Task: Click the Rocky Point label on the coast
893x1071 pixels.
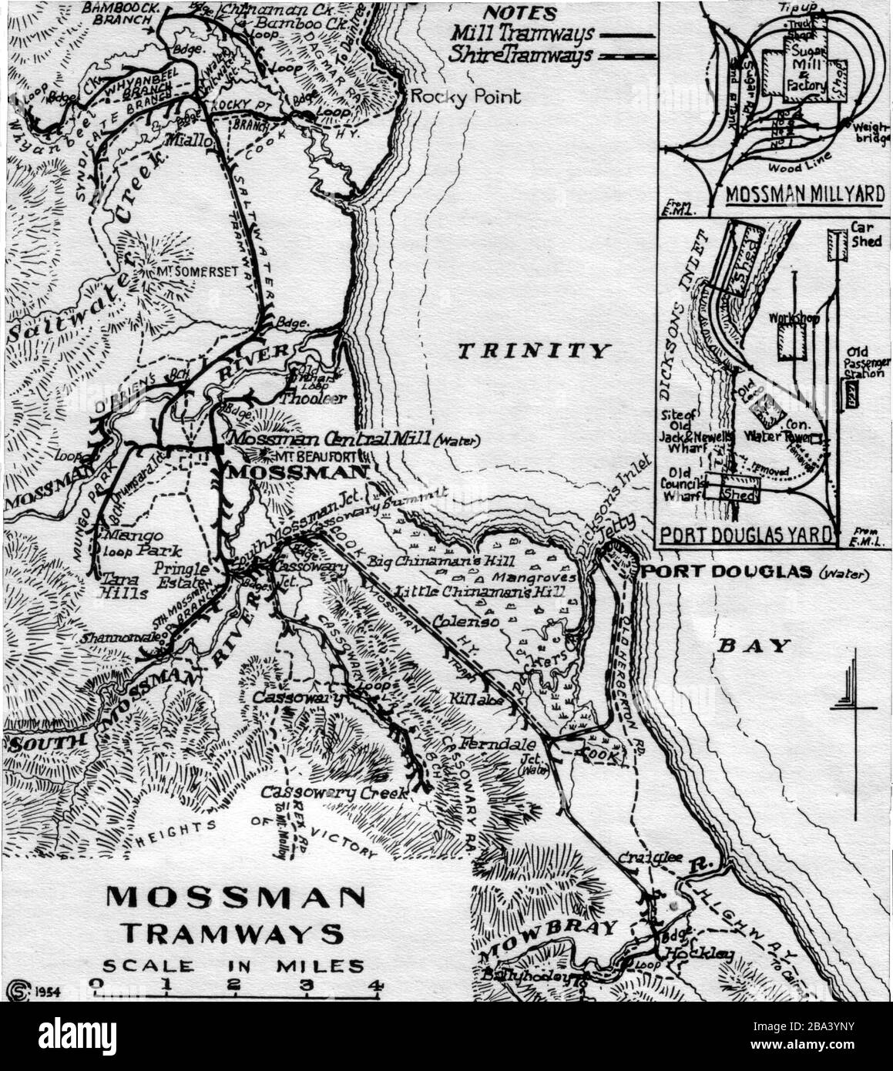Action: pyautogui.click(x=465, y=96)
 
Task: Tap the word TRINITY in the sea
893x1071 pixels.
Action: pyautogui.click(x=533, y=351)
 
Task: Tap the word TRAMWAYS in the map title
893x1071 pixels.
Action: pyautogui.click(x=233, y=934)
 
